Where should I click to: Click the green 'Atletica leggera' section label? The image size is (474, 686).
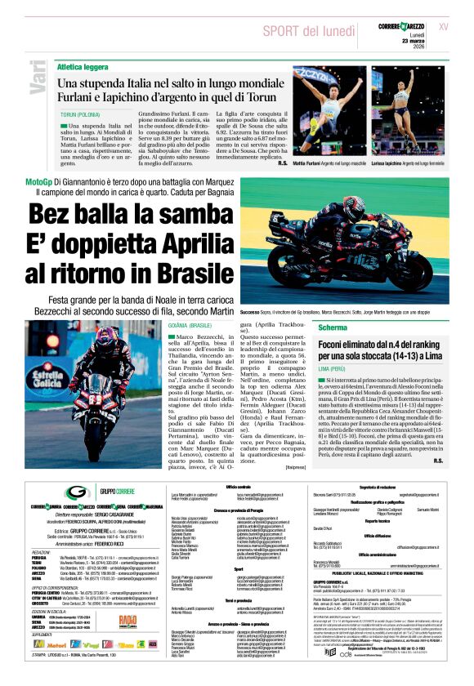coord(83,67)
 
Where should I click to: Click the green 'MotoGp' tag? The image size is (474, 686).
coord(40,180)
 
